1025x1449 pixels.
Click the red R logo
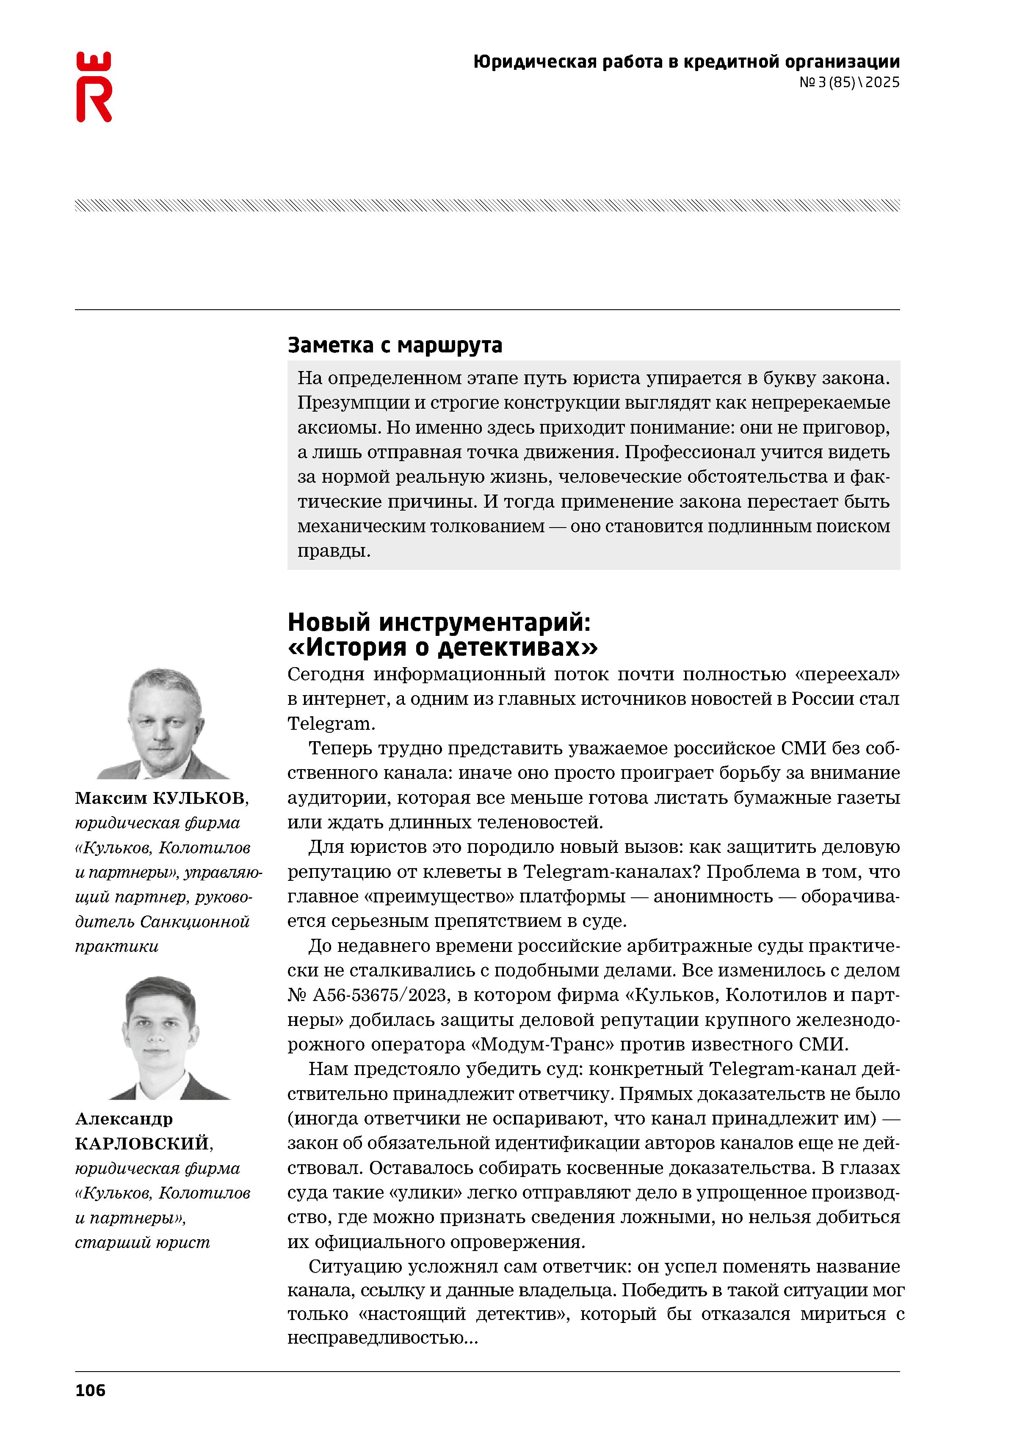coord(94,87)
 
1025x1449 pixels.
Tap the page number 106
coord(90,1390)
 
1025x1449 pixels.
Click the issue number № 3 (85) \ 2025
coord(849,82)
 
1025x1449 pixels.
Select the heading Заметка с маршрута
coord(395,345)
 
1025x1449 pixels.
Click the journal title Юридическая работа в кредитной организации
coord(686,62)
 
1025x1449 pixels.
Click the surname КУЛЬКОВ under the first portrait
coord(200,798)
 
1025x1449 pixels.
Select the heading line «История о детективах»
coord(442,648)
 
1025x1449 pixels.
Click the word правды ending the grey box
coord(334,551)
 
